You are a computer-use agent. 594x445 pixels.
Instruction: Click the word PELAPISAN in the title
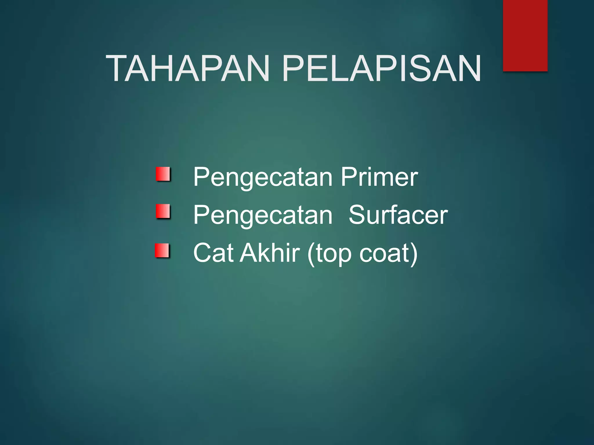pos(381,68)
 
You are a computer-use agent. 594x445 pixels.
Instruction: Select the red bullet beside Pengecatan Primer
pos(163,174)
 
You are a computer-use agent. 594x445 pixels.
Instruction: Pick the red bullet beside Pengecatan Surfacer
pos(163,211)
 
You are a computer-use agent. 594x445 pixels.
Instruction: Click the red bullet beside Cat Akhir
pos(162,250)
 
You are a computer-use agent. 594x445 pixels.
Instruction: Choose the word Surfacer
pos(398,215)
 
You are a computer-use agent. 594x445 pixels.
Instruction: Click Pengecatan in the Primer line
pos(263,177)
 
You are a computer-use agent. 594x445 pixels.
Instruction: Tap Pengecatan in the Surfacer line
pos(263,216)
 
